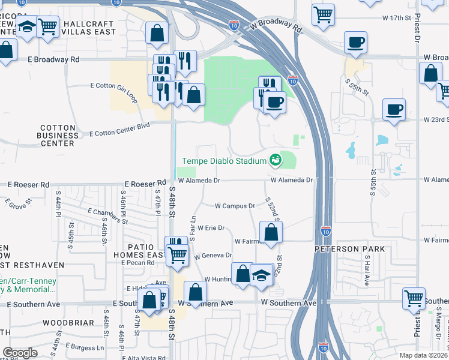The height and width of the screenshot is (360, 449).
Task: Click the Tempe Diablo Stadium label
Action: tap(224, 161)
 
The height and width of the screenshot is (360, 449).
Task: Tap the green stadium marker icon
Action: tap(275, 160)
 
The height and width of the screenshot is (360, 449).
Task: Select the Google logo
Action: tap(20, 353)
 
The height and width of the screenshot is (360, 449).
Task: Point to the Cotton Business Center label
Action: tap(57, 136)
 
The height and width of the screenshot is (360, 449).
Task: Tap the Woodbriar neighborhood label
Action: tap(68, 323)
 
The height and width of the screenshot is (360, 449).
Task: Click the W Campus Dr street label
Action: tap(235, 206)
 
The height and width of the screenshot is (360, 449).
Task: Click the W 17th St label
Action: tap(395, 18)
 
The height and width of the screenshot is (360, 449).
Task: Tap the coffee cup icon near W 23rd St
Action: tap(394, 110)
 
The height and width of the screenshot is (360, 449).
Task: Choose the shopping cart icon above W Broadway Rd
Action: tap(323, 14)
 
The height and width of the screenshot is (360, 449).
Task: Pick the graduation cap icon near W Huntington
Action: tap(262, 275)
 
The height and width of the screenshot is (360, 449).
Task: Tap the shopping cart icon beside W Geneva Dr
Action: tap(177, 254)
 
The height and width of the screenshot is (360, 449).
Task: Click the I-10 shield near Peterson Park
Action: tap(325, 230)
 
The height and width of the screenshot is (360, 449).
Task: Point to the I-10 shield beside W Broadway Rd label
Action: tap(234, 25)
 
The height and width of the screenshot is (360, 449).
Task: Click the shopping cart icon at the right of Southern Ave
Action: tap(414, 298)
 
